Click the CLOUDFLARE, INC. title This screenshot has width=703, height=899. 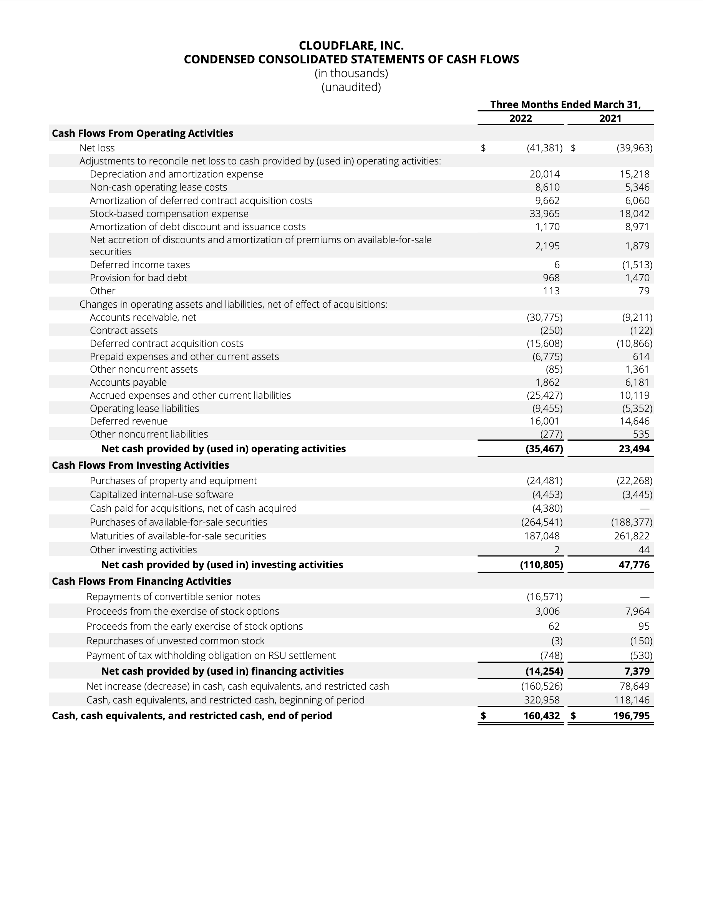pyautogui.click(x=351, y=45)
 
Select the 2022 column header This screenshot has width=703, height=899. pyautogui.click(x=520, y=119)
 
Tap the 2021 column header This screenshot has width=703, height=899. pyautogui.click(x=610, y=119)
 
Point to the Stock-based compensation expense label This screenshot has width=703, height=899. pyautogui.click(x=169, y=214)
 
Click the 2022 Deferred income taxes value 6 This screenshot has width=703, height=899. pyautogui.click(x=557, y=265)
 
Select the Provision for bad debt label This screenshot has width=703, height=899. pyautogui.click(x=138, y=278)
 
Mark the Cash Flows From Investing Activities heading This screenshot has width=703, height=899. pyautogui.click(x=140, y=465)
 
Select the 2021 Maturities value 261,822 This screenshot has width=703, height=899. pyautogui.click(x=632, y=536)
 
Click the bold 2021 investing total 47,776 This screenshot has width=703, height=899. pyautogui.click(x=634, y=565)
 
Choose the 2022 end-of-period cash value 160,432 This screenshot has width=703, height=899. pyautogui.click(x=541, y=716)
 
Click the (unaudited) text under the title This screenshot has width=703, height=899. pyautogui.click(x=351, y=87)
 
